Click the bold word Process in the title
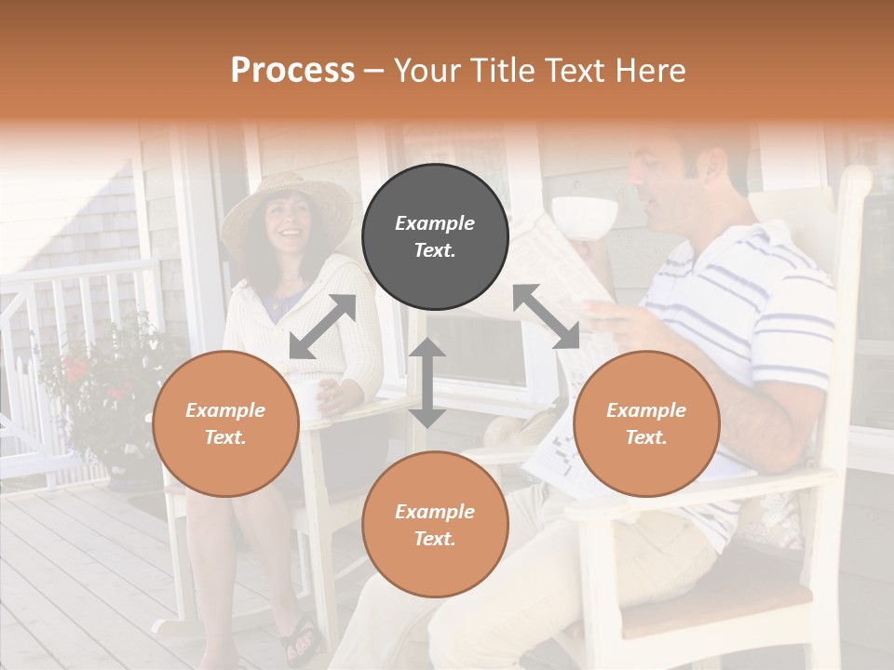coord(292,71)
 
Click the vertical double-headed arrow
coord(427,382)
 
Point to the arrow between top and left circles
coord(322,327)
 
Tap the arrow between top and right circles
coord(547,316)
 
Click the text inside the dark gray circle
coord(435,236)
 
